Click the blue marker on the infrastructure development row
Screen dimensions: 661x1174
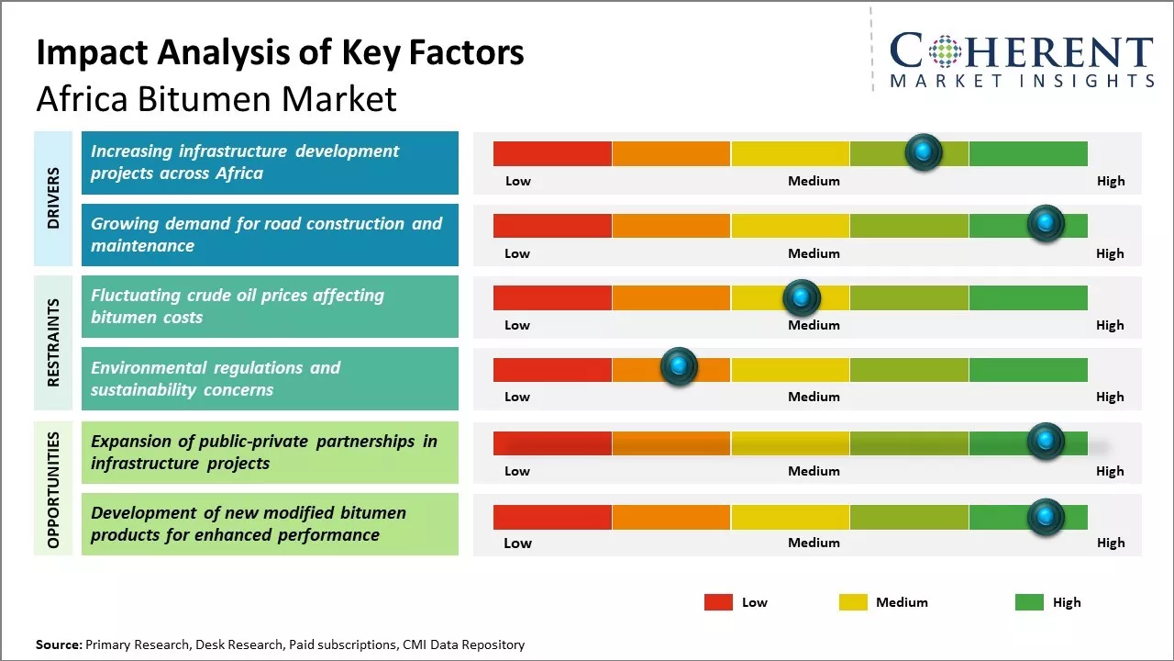924,151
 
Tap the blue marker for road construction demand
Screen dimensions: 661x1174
1046,223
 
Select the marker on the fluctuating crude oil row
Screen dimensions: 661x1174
802,297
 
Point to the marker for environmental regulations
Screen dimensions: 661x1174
679,367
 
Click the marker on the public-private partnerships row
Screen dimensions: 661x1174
1046,442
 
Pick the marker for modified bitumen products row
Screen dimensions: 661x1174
1046,517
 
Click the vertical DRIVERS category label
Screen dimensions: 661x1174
53,197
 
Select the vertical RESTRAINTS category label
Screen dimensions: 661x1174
53,342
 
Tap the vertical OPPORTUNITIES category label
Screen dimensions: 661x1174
53,489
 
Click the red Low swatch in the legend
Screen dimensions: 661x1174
718,602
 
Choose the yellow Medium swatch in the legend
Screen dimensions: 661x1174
853,602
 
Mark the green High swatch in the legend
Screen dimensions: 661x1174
1029,602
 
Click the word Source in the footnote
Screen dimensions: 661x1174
59,644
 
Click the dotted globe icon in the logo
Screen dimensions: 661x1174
944,51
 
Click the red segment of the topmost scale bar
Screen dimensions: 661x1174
552,153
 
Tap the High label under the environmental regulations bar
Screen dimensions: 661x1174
1110,397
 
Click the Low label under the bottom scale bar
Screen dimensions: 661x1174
517,543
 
